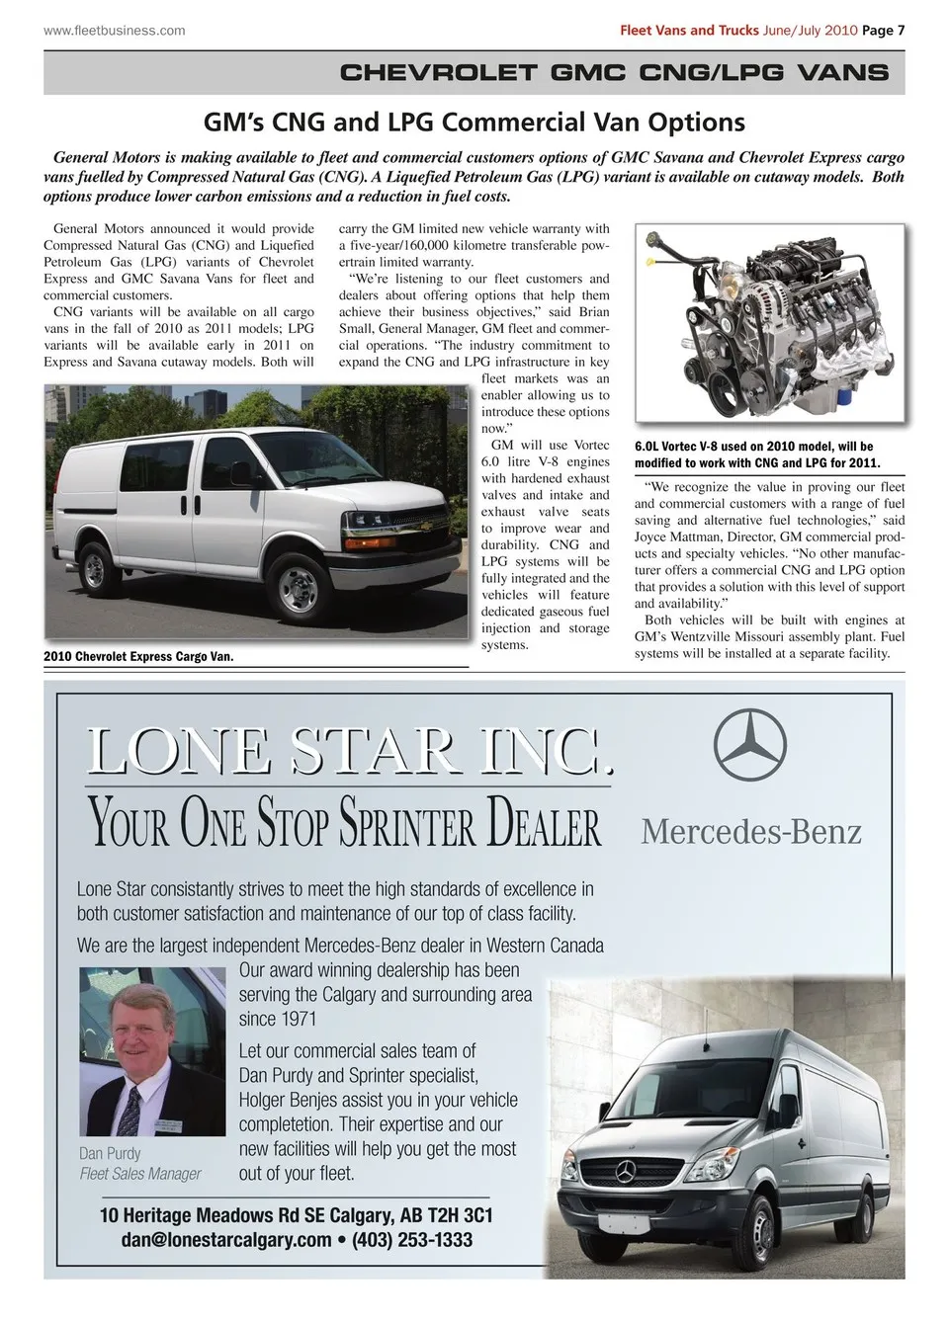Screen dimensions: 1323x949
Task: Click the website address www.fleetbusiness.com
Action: [115, 30]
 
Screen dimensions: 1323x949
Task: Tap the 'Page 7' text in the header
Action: [883, 30]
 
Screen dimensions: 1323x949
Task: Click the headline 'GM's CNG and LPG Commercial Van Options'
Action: [474, 123]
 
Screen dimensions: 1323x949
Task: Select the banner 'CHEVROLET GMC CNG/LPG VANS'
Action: [613, 72]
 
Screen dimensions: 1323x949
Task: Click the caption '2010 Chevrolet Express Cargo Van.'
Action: [138, 656]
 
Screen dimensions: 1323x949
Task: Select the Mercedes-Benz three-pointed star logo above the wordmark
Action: [750, 745]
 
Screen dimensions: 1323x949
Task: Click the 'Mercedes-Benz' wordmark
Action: [751, 831]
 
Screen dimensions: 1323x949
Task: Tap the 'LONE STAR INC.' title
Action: [349, 753]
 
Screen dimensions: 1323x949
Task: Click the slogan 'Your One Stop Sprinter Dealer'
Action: [346, 822]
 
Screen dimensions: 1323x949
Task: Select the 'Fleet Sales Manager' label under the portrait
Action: [140, 1174]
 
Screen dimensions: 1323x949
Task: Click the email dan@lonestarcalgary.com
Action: [226, 1240]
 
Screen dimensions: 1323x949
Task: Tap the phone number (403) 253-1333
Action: [412, 1240]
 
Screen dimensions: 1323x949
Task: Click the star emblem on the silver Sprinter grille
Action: [624, 1172]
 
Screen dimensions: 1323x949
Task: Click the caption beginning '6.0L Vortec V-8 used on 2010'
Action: [757, 455]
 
